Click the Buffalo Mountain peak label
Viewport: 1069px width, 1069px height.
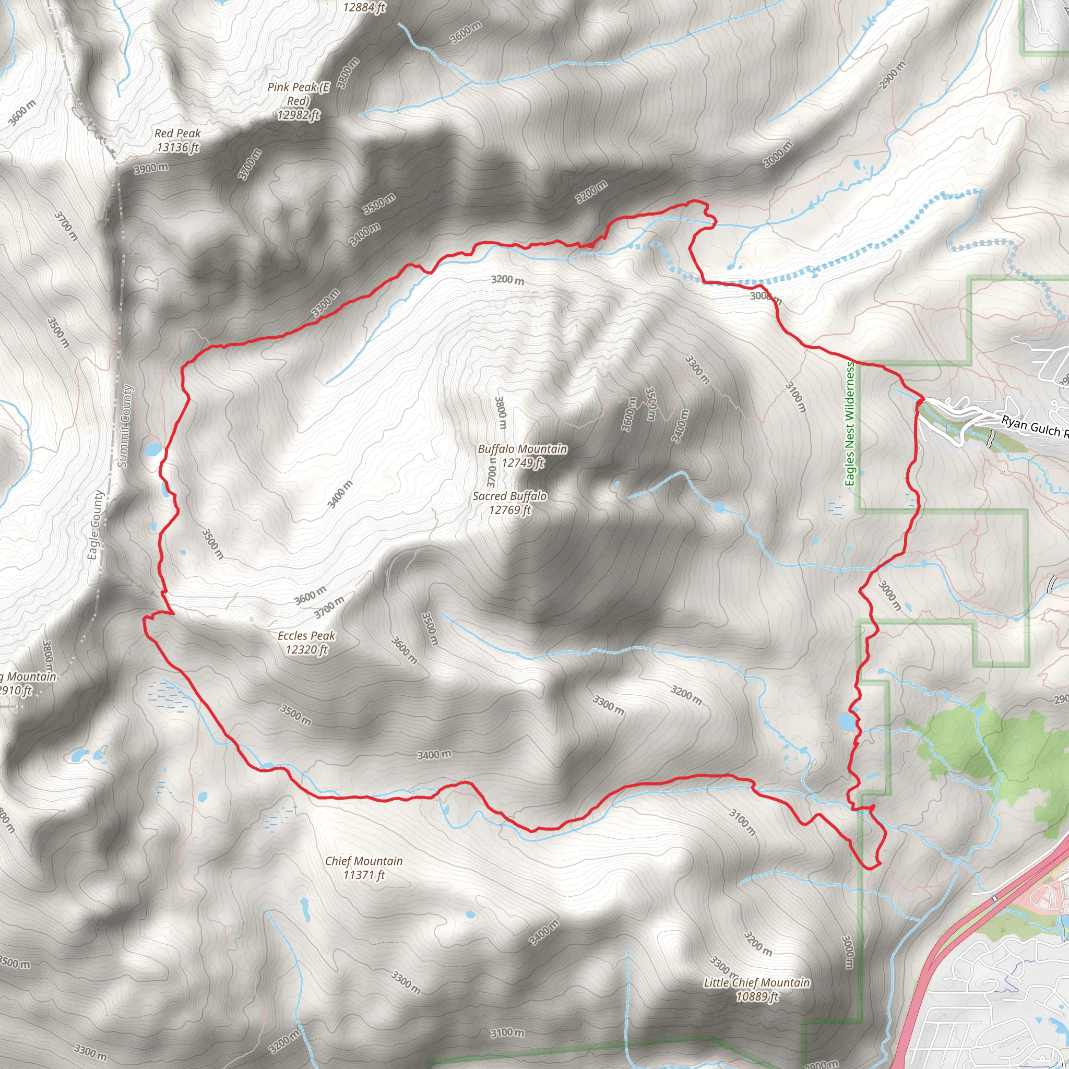click(x=522, y=455)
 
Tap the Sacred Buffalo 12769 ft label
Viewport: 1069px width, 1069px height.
click(x=509, y=503)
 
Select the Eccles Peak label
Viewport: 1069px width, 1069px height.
click(x=306, y=643)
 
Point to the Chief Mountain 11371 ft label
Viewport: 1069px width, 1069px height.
click(x=363, y=868)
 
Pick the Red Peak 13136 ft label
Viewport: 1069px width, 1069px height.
click(x=177, y=140)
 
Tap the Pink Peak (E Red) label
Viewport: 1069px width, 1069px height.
click(x=298, y=101)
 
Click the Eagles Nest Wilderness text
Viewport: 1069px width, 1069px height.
click(x=850, y=424)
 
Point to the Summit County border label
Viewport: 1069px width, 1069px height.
click(x=126, y=426)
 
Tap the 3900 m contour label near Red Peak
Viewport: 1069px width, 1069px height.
click(x=151, y=168)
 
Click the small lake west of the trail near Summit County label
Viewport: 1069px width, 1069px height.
click(x=153, y=449)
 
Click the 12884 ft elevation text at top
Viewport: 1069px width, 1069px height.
click(x=363, y=7)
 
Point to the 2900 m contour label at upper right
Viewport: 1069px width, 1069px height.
click(x=893, y=74)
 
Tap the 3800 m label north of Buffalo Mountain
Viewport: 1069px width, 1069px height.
click(x=500, y=412)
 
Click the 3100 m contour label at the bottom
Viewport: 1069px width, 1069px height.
click(x=507, y=1032)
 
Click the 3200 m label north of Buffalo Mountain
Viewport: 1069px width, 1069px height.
click(x=507, y=279)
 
